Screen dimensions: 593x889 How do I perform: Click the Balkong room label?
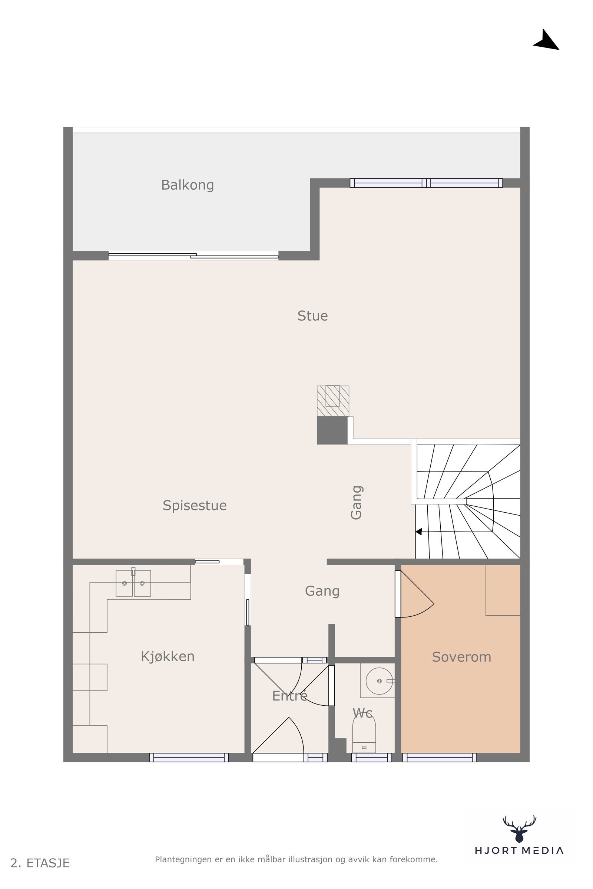click(188, 185)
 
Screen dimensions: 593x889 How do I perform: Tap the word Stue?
click(312, 316)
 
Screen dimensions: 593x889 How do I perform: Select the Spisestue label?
click(195, 506)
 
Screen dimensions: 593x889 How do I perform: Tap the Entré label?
click(290, 696)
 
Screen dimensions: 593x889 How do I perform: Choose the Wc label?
click(362, 713)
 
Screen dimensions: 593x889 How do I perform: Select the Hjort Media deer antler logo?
click(519, 829)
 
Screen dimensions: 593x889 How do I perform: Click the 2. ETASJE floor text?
click(40, 863)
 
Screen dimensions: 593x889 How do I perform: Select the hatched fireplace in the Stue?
click(333, 401)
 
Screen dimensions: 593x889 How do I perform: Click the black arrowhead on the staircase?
click(419, 532)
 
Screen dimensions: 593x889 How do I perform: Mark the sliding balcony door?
click(193, 256)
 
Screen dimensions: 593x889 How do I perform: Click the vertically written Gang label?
click(357, 503)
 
